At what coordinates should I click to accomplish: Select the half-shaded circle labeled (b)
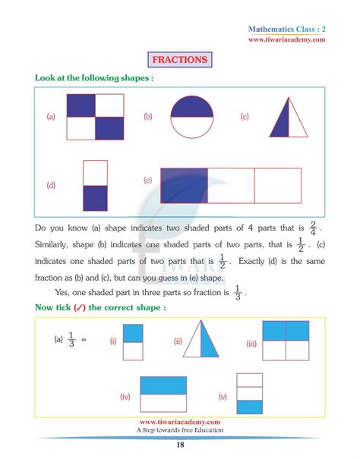coord(192,117)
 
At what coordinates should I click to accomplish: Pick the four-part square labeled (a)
coord(95,116)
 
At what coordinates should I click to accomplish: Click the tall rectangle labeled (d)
coord(95,185)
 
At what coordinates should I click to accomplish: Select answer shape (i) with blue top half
coord(132,341)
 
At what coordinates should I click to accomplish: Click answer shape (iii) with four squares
coord(286,343)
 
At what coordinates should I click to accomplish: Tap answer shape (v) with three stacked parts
coord(249,396)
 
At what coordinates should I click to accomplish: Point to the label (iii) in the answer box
coord(252,344)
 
